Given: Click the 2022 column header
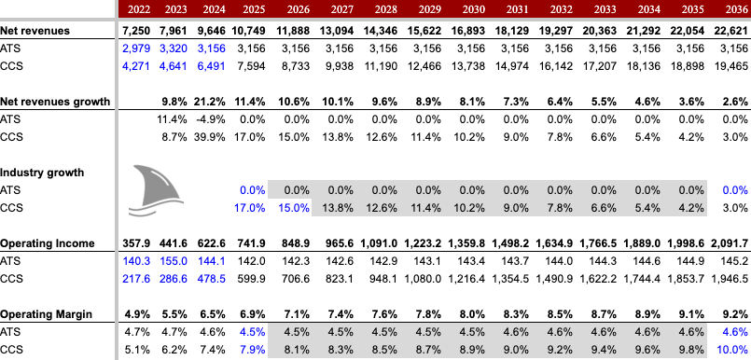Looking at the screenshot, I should pos(136,9).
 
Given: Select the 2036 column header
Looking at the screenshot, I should pos(732,9).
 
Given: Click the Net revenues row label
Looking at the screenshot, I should pos(35,31).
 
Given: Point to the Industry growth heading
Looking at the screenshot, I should pos(41,173).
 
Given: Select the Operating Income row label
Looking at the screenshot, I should pos(45,243).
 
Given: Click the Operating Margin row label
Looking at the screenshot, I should pos(44,314).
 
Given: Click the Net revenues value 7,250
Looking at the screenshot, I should pos(135,31).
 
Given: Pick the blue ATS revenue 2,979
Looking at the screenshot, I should pos(135,48).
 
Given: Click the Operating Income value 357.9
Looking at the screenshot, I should pos(136,243).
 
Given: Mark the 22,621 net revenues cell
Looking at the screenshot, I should pos(730,31).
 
